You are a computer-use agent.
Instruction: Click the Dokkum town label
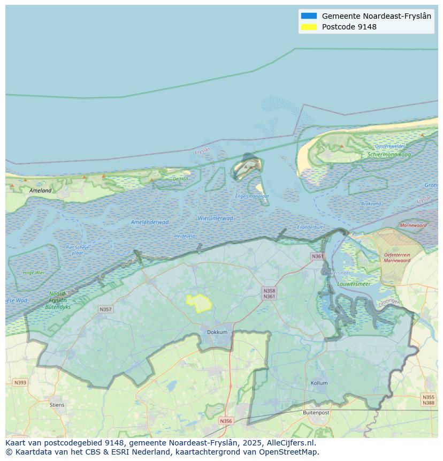[x=217, y=332]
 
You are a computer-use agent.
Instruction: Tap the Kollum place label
[x=319, y=383]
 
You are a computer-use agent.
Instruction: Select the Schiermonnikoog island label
[x=389, y=154]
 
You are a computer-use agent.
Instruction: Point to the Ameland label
[x=41, y=190]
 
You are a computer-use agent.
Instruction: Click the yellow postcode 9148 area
[x=198, y=303]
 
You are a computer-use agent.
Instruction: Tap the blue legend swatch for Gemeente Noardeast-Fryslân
[x=309, y=16]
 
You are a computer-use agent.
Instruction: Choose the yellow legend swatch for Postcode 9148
[x=309, y=27]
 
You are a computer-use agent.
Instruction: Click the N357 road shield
[x=105, y=309]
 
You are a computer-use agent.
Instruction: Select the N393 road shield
[x=20, y=382]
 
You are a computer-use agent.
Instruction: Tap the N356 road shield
[x=226, y=421]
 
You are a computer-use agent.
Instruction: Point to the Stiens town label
[x=57, y=405]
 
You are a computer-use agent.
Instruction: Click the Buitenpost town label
[x=316, y=413]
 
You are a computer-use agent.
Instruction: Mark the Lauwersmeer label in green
[x=354, y=284]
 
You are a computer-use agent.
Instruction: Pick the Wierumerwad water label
[x=215, y=218]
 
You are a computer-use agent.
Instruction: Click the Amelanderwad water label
[x=150, y=222]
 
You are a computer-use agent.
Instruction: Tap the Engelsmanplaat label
[x=252, y=196]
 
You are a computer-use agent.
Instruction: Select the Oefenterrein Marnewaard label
[x=396, y=258]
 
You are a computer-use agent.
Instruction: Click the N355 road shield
[x=428, y=397]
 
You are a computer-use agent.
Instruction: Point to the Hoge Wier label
[x=34, y=273]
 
